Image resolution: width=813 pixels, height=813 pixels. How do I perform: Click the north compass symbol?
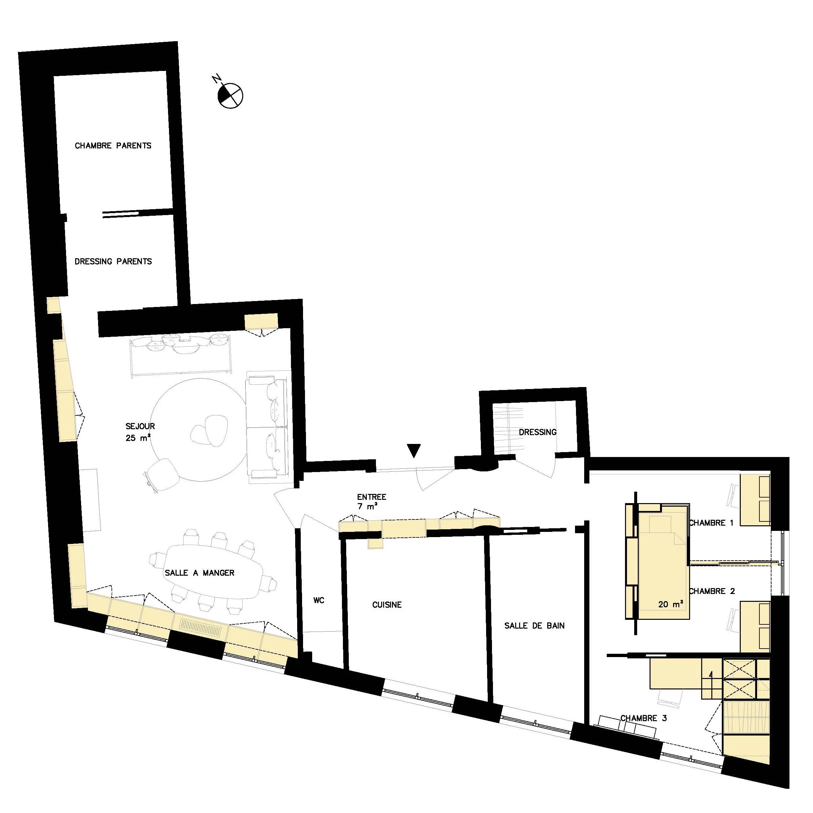click(x=230, y=95)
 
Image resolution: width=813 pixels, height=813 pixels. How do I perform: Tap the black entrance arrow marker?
click(x=415, y=450)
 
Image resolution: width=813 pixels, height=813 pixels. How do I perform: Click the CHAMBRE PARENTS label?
click(x=113, y=145)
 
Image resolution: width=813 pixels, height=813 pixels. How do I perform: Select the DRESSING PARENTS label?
click(x=113, y=261)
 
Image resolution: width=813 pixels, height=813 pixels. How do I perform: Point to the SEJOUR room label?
click(x=140, y=426)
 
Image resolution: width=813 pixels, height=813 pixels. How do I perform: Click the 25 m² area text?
click(x=138, y=438)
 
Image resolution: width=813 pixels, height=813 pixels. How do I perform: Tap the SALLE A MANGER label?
click(x=199, y=573)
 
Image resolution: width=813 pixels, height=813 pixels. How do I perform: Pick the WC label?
click(x=318, y=601)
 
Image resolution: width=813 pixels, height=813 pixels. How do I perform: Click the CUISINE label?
click(x=387, y=605)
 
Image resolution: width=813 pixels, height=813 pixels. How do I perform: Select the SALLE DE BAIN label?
click(x=534, y=626)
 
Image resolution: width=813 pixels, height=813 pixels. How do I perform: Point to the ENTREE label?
click(x=372, y=497)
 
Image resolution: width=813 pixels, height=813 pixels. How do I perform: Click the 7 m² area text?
click(x=367, y=507)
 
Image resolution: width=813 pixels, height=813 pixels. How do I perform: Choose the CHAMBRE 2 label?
click(x=712, y=591)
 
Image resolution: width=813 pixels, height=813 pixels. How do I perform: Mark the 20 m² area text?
click(x=670, y=604)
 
